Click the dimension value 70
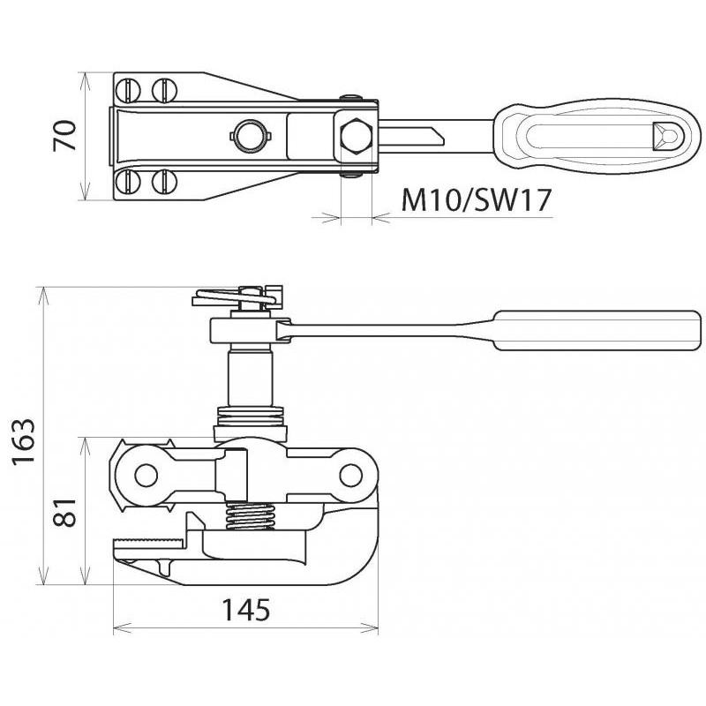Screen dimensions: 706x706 point(64,136)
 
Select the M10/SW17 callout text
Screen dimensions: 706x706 point(476,200)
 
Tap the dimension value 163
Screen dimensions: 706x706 point(23,441)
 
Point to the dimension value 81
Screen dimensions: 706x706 point(64,512)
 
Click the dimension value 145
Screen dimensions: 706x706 point(246,610)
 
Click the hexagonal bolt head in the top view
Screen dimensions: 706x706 point(357,136)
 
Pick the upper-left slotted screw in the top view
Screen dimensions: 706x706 point(128,90)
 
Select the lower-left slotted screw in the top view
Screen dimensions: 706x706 point(128,182)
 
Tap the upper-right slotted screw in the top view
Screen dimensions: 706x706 point(165,90)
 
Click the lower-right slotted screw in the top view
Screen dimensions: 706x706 point(165,182)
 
